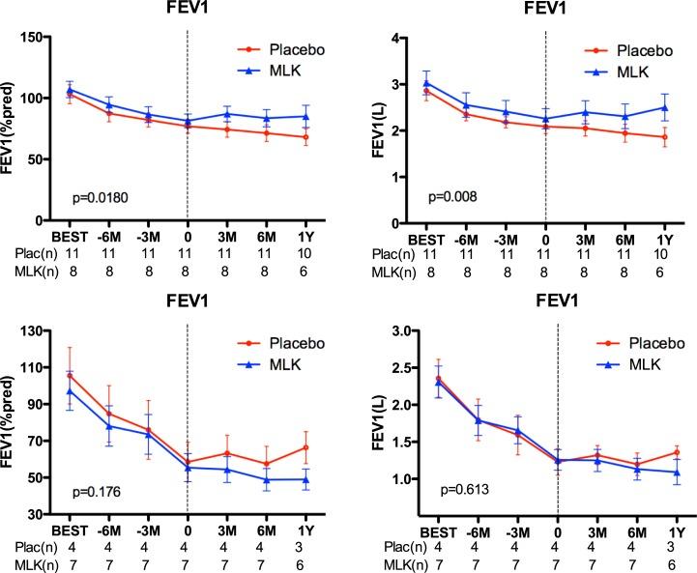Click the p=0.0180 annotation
(101, 197)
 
